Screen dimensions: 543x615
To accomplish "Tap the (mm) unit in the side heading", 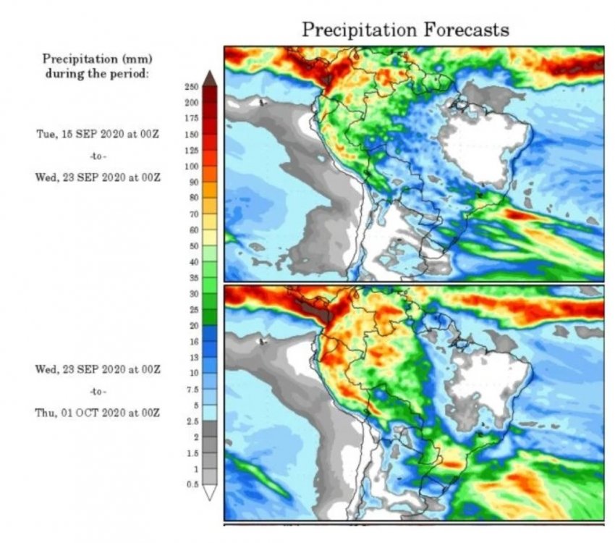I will coord(140,58).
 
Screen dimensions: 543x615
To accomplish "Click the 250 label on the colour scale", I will coord(192,87).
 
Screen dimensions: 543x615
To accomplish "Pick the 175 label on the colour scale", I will coord(192,119).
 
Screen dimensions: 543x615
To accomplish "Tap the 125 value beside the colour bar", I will coord(192,151).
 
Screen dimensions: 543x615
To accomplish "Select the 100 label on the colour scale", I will coord(192,167).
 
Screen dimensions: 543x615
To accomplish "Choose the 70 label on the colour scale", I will coord(193,214).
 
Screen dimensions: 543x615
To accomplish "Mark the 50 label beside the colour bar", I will coord(193,246).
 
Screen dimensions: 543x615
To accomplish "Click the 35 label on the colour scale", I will coord(193,278).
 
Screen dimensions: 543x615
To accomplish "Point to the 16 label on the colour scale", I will coord(193,341).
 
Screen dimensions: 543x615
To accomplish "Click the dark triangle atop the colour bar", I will coord(210,77).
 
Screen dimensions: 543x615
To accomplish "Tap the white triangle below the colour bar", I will coord(210,493).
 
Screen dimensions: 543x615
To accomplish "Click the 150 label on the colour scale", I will coord(192,135).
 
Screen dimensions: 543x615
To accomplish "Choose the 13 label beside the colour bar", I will coord(193,357).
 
